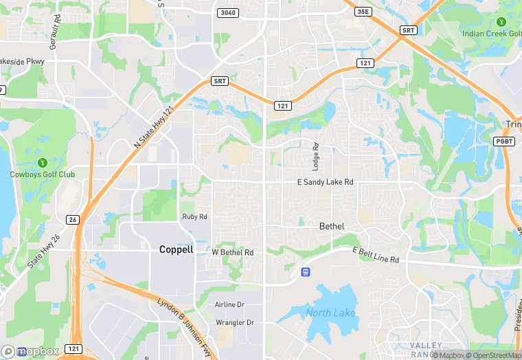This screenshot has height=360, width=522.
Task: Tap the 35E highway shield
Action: coord(363,11)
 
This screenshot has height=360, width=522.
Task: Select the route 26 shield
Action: coord(71,219)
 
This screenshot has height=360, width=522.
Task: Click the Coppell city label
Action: coord(176,249)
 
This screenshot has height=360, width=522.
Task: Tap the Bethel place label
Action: coord(332,226)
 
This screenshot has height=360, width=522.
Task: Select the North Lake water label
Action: coord(330,313)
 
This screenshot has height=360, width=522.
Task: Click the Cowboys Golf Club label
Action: coord(43,175)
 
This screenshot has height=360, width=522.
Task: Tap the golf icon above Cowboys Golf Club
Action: coord(42,162)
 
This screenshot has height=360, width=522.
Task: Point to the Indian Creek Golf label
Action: coord(490,34)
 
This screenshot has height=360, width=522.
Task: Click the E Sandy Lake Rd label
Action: coord(325,182)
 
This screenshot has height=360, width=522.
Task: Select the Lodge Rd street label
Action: coord(316,157)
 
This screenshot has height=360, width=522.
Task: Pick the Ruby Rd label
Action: coord(194,216)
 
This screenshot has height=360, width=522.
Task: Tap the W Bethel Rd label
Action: coord(233,253)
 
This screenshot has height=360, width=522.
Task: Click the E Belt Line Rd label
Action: coord(376,255)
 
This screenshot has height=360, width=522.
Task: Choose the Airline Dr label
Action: coord(229,304)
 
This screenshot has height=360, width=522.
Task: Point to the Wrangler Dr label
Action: coord(235,322)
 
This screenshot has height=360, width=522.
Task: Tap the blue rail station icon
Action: coord(306,272)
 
